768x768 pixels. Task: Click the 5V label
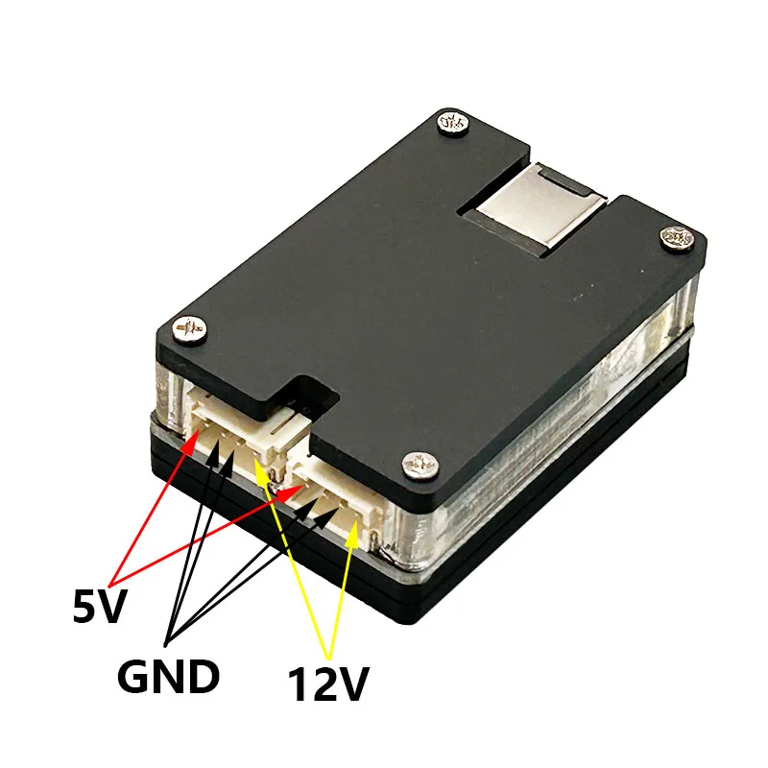100,606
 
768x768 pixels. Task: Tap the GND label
168,676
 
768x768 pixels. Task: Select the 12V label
327,684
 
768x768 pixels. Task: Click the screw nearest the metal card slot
452,123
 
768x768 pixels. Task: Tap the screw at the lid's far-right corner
677,239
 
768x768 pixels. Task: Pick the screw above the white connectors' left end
189,328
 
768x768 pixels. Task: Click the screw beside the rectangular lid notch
420,465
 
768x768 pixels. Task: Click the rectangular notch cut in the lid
313,397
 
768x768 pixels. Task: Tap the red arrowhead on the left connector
191,440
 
